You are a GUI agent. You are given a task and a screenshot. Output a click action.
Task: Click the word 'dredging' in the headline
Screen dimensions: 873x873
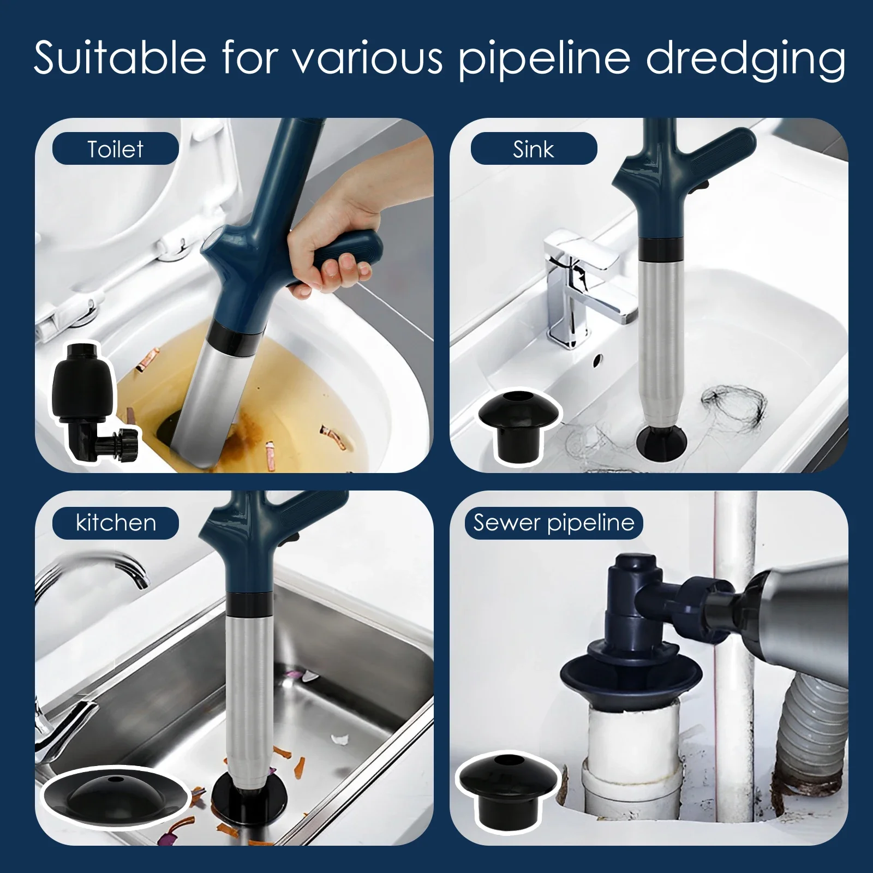pyautogui.click(x=745, y=59)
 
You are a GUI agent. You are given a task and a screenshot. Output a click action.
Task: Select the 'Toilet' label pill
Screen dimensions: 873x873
pyautogui.click(x=115, y=148)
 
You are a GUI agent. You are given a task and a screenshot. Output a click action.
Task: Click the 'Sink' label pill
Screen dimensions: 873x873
pyautogui.click(x=533, y=148)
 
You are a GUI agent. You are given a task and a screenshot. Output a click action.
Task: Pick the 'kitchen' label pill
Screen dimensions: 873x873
pyautogui.click(x=115, y=523)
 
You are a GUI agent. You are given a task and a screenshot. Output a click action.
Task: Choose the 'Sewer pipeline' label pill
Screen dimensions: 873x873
pyautogui.click(x=553, y=523)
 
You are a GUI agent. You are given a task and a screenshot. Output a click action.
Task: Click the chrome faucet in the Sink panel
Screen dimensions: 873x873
pyautogui.click(x=578, y=284)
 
